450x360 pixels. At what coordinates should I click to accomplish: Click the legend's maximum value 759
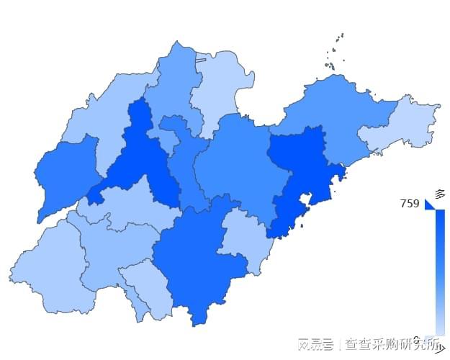pyautogui.click(x=410, y=204)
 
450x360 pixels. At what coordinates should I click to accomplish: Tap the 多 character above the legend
pyautogui.click(x=439, y=194)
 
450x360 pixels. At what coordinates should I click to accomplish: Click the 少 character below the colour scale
pyautogui.click(x=439, y=349)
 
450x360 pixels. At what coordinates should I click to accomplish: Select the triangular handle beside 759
pyautogui.click(x=430, y=204)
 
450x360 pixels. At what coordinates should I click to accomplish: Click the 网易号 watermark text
pyautogui.click(x=315, y=343)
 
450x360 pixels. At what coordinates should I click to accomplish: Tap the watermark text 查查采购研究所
pyautogui.click(x=382, y=343)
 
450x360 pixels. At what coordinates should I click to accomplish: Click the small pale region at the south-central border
pyautogui.click(x=148, y=288)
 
